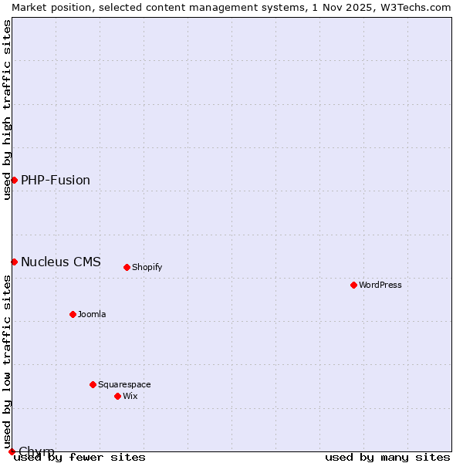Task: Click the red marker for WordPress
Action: coord(353,285)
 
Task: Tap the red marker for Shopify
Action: coord(127,267)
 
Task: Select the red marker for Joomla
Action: coord(73,314)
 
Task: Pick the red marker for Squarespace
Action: coord(93,384)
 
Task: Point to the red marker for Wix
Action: coord(117,396)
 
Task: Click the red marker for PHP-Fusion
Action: coord(14,180)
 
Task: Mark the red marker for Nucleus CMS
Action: coord(14,262)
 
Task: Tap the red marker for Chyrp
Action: coord(12,451)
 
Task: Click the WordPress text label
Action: coord(380,285)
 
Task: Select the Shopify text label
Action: coord(147,267)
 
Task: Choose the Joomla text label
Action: coord(92,314)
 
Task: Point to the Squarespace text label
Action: coord(124,384)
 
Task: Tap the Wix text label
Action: coord(130,396)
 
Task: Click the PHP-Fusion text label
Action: coord(56,180)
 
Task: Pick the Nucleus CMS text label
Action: coord(61,262)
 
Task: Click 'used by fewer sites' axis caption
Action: coord(79,457)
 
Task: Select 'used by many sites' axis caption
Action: coord(387,457)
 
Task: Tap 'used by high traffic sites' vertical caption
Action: coord(7,110)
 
